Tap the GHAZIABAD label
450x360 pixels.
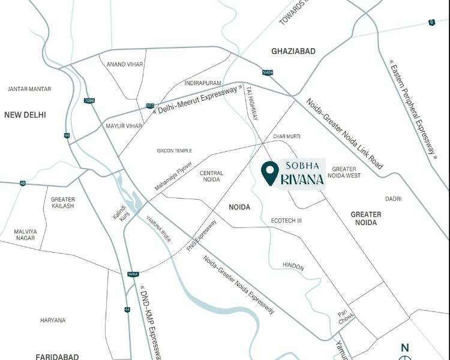coord(293,52)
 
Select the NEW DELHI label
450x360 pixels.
coord(25,115)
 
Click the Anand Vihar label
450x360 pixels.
coord(124,64)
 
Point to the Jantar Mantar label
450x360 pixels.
coord(29,89)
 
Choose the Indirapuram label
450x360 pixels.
coord(203,82)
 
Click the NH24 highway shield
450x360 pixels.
coord(267,73)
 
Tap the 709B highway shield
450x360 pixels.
coord(89,100)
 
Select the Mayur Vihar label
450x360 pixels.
coord(124,126)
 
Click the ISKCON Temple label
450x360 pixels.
coord(174,151)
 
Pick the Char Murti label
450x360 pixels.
coord(286,137)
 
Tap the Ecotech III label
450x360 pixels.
coord(286,221)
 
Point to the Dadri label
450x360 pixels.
coord(394,199)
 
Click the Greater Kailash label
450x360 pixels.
coord(62,203)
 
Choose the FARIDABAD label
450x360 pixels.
coord(57,356)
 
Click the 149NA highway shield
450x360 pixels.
coord(133,274)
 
